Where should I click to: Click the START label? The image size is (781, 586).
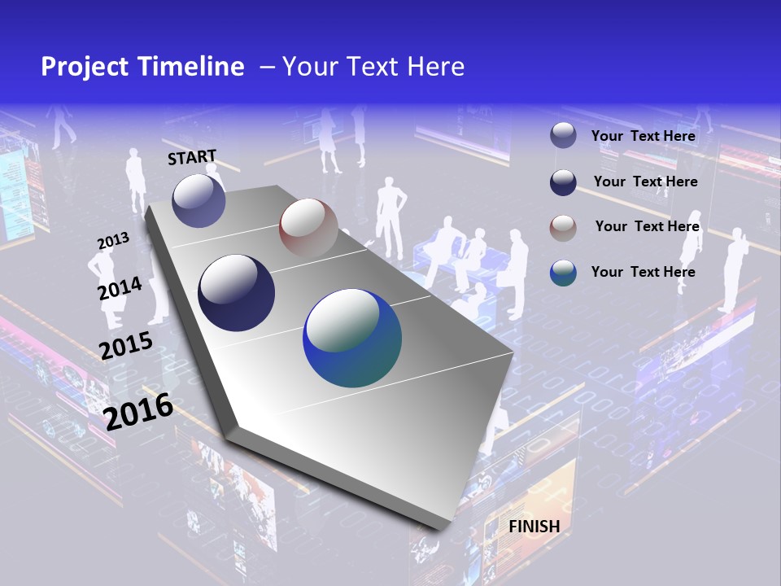click(192, 157)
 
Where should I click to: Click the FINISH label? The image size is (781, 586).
click(534, 527)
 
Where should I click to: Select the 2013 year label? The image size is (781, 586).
click(113, 241)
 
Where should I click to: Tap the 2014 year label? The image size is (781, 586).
click(120, 288)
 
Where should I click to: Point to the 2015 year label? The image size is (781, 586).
click(125, 346)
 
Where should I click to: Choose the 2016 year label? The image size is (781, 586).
click(138, 412)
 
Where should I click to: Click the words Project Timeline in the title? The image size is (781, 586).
click(142, 67)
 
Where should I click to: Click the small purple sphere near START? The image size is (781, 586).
click(199, 200)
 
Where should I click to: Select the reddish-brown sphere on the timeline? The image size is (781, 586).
click(308, 228)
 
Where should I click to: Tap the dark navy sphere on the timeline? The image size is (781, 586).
click(237, 293)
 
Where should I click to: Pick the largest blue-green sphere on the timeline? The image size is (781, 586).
click(352, 338)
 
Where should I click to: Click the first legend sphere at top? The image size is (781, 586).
click(563, 136)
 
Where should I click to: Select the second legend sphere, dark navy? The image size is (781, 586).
click(563, 182)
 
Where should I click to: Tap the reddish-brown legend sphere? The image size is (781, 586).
click(563, 228)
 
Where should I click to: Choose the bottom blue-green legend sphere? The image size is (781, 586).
click(563, 273)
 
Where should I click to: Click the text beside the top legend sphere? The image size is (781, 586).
click(643, 136)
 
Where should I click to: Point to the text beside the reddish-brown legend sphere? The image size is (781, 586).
click(647, 226)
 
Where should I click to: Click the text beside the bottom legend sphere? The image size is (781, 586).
click(643, 272)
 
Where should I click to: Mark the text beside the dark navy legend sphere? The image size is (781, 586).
click(645, 181)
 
